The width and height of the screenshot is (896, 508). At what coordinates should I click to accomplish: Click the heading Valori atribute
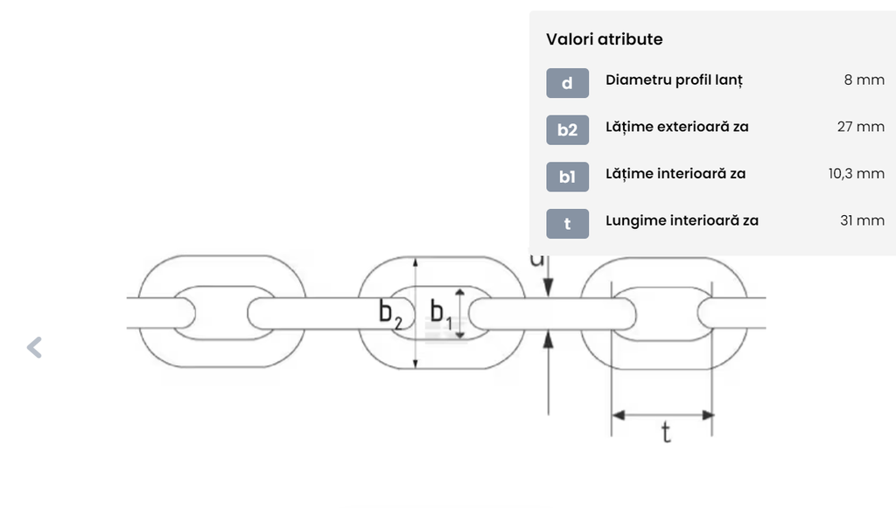604,39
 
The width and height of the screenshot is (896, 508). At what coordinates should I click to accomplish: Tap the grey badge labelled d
567,83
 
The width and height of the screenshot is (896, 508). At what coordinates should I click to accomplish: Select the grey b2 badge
567,130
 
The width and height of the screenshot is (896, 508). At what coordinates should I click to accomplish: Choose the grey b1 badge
567,177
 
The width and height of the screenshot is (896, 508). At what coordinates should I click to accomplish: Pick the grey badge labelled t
567,224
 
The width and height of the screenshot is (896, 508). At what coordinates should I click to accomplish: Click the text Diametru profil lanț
675,80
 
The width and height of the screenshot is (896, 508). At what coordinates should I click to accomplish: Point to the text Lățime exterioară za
677,127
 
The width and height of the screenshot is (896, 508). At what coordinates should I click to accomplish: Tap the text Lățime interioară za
675,173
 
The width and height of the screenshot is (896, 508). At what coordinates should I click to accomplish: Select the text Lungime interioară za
682,221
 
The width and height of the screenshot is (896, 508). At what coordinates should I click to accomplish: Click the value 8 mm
864,80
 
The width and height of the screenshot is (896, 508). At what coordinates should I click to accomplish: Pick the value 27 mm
861,127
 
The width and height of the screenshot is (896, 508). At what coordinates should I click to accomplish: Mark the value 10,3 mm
856,173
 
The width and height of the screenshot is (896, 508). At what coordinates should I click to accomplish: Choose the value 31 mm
862,220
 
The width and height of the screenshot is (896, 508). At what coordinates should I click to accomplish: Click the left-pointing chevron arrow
34,348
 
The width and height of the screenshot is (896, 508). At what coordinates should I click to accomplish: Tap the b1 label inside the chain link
441,314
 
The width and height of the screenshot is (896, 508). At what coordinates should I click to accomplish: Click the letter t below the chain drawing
666,433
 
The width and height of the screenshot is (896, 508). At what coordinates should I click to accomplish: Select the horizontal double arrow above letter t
663,415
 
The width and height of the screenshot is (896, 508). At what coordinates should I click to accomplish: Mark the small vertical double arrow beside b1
459,313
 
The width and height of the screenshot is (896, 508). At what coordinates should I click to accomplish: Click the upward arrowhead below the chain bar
549,339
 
